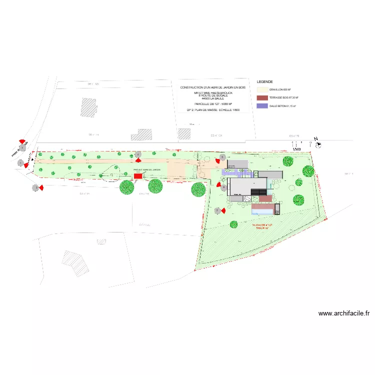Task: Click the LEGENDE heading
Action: point(264,81)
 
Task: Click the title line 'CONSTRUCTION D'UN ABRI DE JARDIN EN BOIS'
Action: point(213,87)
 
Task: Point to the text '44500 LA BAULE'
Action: point(213,98)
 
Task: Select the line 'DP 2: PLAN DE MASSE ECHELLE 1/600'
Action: point(213,109)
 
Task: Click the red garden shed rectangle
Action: point(137,176)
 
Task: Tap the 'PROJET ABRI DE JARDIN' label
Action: point(147,170)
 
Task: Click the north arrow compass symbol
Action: point(318,145)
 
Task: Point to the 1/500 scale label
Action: point(296,149)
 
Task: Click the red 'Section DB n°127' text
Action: point(264,226)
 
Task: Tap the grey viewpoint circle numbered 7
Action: point(217,211)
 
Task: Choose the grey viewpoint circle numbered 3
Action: point(35,188)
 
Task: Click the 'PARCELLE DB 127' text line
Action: point(213,104)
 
